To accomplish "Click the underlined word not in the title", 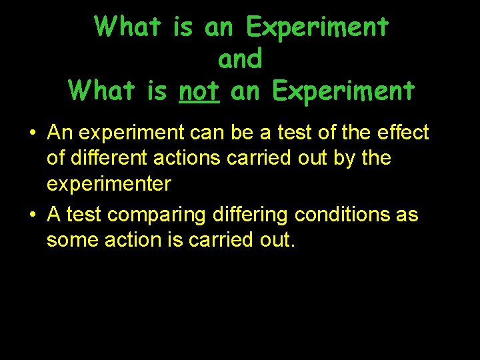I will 199,91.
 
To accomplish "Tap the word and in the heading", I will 240,59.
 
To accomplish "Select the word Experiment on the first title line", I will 317,27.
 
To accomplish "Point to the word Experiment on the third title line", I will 342,91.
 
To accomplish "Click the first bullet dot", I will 32,133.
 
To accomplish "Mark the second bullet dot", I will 32,215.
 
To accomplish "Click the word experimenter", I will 109,184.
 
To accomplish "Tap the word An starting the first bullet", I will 59,133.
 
